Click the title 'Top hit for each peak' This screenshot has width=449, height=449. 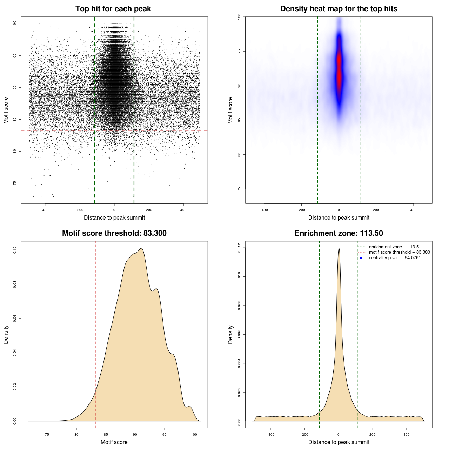[x=113, y=9]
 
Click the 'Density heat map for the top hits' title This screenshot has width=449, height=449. [x=339, y=9]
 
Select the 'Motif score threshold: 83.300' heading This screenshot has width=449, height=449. [x=114, y=233]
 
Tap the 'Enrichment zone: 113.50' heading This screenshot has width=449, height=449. [x=339, y=233]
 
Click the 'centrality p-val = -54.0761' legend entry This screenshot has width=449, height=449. [x=395, y=258]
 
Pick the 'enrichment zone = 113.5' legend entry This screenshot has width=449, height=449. [x=394, y=247]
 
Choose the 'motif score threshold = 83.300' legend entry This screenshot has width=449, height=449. [x=399, y=252]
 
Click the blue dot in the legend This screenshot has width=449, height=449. [x=361, y=258]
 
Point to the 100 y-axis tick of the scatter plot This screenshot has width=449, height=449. [x=15, y=24]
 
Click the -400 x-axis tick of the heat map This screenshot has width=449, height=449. [x=264, y=210]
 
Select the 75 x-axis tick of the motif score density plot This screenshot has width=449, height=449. [x=47, y=435]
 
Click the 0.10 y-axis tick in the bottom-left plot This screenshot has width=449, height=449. [x=15, y=250]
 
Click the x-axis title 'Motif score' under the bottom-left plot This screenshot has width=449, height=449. [x=114, y=442]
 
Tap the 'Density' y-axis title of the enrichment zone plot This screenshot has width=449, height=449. [x=230, y=334]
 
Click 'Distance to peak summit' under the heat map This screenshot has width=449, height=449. [x=339, y=217]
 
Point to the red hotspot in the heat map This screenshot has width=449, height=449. [x=339, y=70]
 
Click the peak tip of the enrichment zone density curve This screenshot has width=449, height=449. [x=339, y=249]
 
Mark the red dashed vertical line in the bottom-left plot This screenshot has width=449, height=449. [x=96, y=333]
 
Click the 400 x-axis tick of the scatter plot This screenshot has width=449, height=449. [x=183, y=210]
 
